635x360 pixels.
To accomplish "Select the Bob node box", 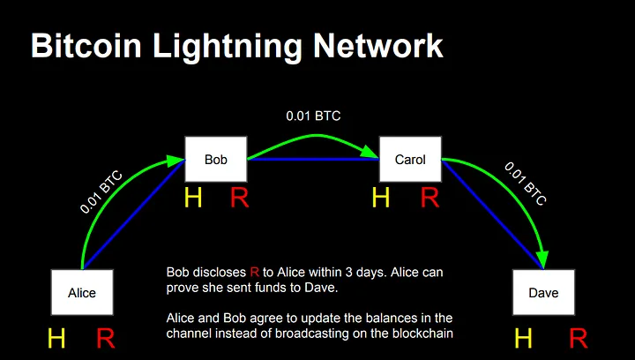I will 216,160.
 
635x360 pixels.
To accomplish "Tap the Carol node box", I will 410,160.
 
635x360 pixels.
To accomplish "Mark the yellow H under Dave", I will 523,339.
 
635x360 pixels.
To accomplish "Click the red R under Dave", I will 578,339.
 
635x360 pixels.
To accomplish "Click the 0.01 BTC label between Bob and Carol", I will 313,116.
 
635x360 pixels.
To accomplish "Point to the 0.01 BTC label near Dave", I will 525,184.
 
